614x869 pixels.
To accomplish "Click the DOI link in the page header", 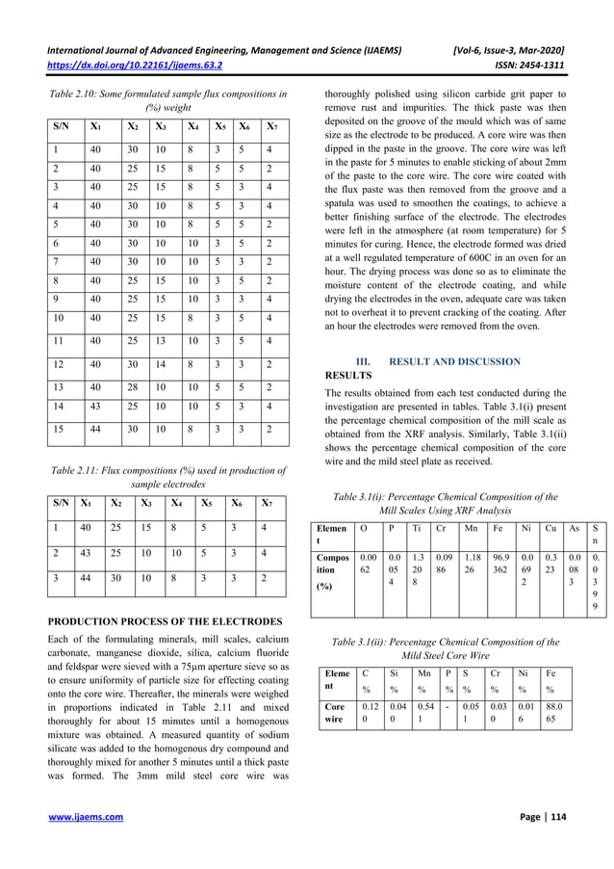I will pos(135,65).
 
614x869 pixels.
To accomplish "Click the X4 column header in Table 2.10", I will pos(193,126).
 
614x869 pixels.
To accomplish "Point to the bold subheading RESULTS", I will pos(349,374).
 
